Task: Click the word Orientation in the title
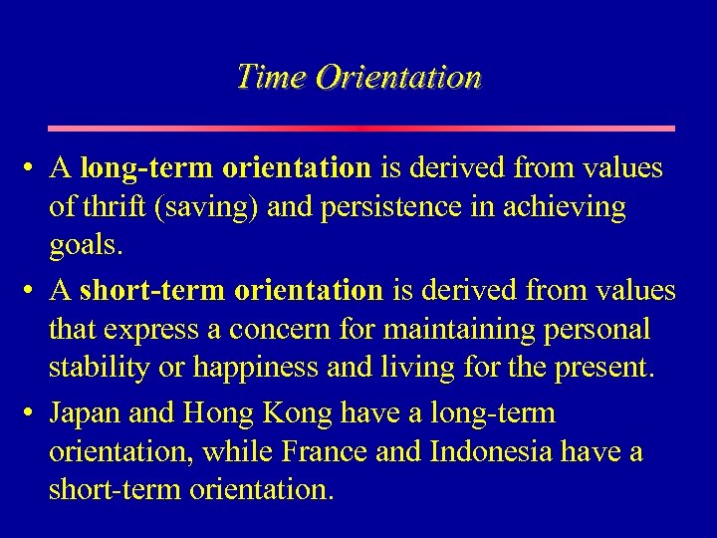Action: click(398, 77)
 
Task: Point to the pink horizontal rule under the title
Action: click(361, 129)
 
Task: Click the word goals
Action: click(80, 246)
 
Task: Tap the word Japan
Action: click(88, 412)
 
